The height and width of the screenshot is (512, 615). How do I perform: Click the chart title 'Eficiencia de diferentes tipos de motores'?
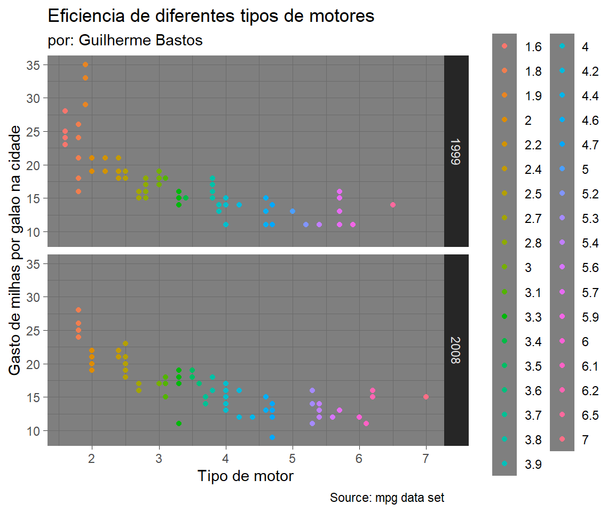point(211,16)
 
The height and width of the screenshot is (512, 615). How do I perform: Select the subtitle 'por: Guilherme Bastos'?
point(125,41)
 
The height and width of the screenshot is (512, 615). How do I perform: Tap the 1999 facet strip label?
point(455,151)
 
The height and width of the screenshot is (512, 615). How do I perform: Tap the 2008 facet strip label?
point(455,350)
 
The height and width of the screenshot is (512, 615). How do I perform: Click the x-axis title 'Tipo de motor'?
point(245,475)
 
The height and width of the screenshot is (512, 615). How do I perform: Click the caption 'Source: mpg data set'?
point(387,498)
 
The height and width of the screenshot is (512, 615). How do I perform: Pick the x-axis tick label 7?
point(426,458)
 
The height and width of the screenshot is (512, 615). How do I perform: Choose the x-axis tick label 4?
point(226,458)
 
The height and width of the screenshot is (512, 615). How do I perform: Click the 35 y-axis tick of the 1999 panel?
point(34,65)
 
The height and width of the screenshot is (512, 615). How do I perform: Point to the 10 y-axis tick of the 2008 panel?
point(34,430)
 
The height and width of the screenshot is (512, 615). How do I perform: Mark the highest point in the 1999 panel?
point(85,65)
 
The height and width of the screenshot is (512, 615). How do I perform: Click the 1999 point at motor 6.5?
point(393,205)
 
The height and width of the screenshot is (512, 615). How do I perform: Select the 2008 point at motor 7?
point(426,397)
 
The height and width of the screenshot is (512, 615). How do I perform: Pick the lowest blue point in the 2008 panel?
point(272,437)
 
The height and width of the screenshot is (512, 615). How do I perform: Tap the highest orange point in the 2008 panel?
point(78,310)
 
